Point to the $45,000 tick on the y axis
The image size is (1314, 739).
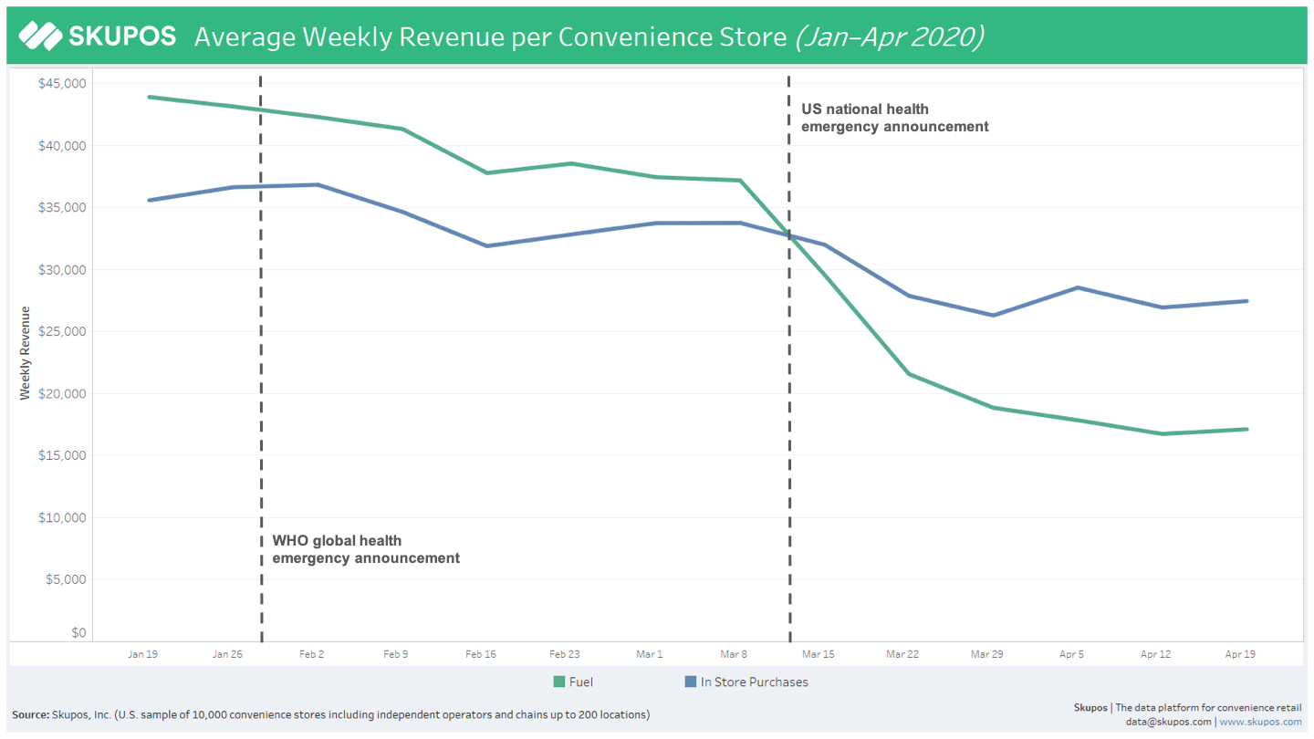click(62, 84)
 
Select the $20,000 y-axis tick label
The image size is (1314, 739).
click(62, 394)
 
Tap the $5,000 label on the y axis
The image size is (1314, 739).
click(66, 579)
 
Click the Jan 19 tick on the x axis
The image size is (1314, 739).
click(142, 654)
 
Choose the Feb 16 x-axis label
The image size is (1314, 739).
click(481, 654)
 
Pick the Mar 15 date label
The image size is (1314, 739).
click(819, 654)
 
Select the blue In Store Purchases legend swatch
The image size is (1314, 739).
click(691, 682)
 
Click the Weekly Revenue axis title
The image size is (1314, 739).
click(26, 353)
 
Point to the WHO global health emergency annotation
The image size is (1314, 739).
click(365, 549)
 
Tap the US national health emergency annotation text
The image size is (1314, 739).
click(894, 119)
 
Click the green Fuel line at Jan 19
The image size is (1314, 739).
click(149, 97)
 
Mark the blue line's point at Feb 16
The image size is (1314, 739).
click(487, 245)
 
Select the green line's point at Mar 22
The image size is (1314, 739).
click(909, 374)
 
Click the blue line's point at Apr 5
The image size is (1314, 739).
click(1078, 287)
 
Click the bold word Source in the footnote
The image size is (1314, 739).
click(30, 714)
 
